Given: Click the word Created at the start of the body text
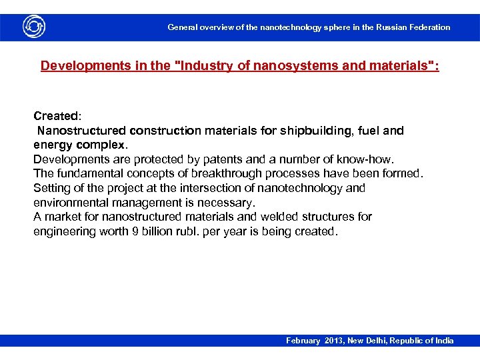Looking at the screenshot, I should point(55,116).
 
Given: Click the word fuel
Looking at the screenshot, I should point(369,131).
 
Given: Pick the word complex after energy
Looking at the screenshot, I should point(100,145).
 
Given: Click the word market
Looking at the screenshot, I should point(61,217).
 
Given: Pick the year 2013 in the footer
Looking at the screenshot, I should point(334,341).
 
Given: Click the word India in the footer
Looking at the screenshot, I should point(443,341).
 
